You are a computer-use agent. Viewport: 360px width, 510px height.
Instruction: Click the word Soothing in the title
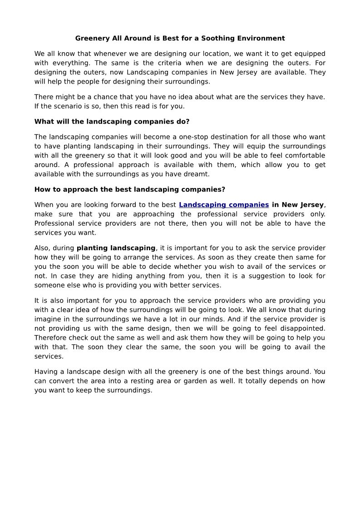point(216,39)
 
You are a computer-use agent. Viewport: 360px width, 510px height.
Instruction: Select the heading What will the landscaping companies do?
point(112,122)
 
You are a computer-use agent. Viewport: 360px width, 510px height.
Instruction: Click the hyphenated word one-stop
point(181,137)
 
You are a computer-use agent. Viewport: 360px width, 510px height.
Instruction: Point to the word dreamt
point(198,174)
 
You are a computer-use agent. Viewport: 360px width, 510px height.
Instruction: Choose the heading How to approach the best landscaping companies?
point(130,189)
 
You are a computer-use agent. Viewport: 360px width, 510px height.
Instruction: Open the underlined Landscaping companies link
point(224,205)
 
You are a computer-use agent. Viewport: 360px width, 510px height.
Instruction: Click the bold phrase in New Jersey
point(298,205)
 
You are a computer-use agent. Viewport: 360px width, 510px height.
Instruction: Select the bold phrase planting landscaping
point(116,248)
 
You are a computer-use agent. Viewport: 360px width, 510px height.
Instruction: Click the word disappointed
point(302,328)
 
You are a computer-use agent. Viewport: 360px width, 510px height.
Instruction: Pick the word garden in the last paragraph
point(175,381)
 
